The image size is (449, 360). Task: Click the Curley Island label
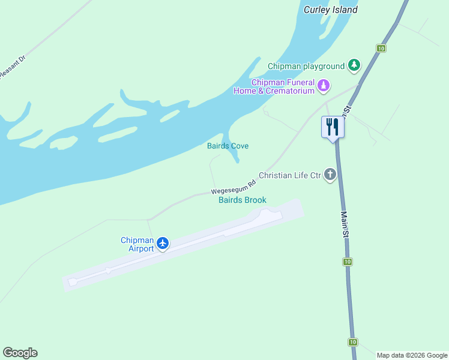pos(330,10)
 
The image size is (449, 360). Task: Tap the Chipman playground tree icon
pos(354,65)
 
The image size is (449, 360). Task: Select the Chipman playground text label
pos(306,66)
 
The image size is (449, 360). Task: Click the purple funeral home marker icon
pos(324,86)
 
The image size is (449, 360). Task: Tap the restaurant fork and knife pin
pos(333,127)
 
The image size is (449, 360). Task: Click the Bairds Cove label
pos(228,146)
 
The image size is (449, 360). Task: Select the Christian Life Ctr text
pos(290,175)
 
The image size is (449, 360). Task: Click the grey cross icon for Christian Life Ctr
pos(330,175)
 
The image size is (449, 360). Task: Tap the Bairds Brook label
pos(242,200)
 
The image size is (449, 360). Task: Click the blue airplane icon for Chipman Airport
pos(162,243)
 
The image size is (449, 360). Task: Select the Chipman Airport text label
pos(137,244)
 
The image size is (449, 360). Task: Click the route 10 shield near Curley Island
pos(381,48)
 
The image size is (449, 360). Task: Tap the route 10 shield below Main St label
pos(347,262)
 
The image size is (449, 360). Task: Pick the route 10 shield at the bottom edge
pos(352,342)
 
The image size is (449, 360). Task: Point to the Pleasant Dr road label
pos(12,67)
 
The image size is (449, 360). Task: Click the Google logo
pos(20,353)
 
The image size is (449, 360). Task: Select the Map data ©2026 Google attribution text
pos(412,355)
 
